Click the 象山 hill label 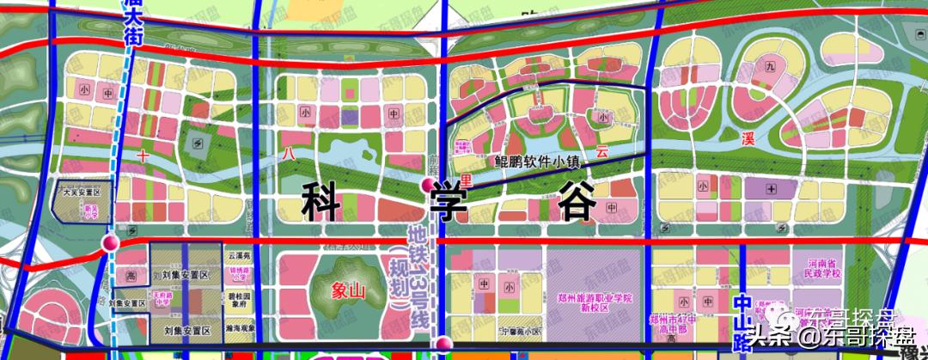click(x=350, y=290)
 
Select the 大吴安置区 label click(x=82, y=193)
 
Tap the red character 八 click(x=286, y=152)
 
